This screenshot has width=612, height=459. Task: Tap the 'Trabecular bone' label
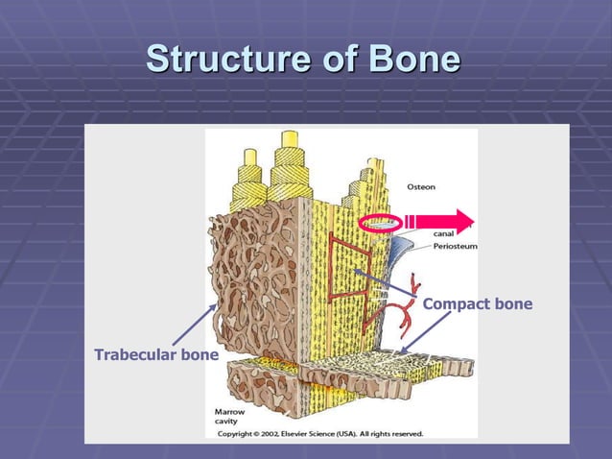click(155, 355)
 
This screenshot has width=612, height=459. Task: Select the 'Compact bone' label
click(477, 304)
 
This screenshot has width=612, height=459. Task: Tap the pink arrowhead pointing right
click(463, 221)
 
